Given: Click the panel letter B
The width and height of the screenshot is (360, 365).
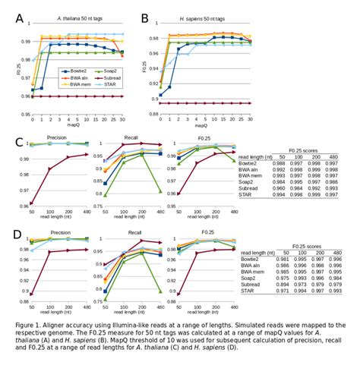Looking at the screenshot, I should [144, 16].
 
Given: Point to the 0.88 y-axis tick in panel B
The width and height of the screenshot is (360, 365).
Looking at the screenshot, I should [153, 115].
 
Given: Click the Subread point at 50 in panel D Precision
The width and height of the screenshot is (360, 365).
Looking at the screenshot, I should [31, 294].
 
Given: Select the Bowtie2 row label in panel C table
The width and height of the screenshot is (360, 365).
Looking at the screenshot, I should [251, 162].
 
